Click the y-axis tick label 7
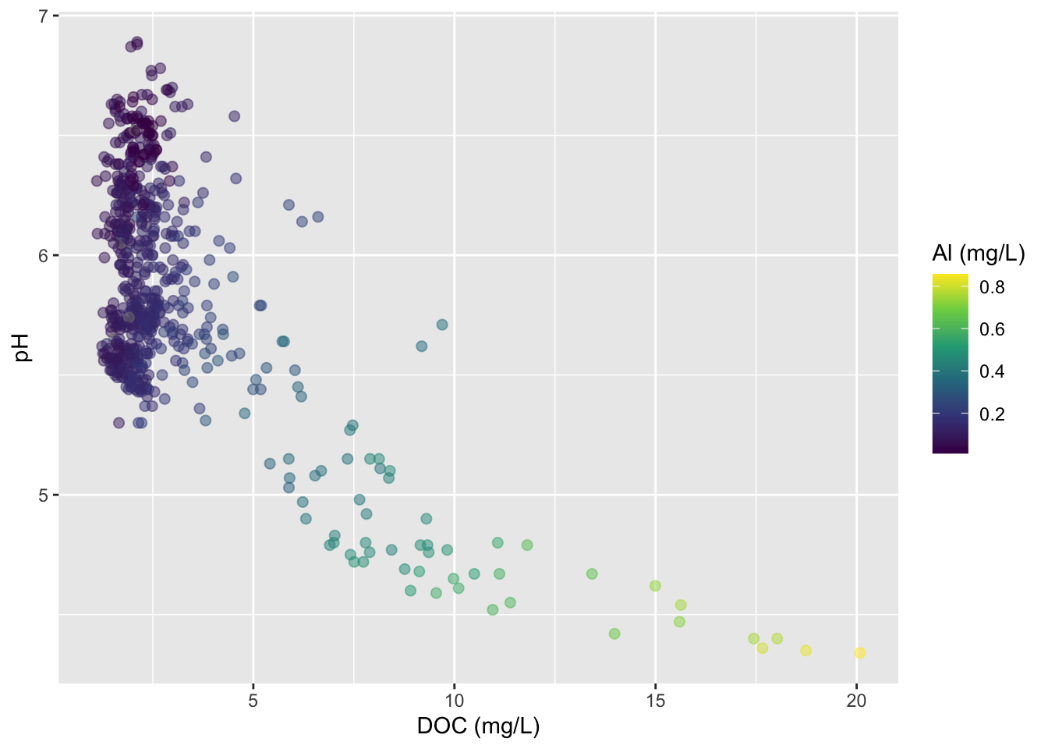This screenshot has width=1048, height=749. click(x=43, y=16)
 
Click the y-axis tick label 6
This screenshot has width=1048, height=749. click(x=43, y=255)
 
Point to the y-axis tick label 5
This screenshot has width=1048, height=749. click(x=43, y=495)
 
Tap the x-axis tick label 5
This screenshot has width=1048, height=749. click(x=253, y=701)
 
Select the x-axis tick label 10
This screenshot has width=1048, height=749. click(x=454, y=701)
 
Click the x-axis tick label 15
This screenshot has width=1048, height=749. click(x=655, y=701)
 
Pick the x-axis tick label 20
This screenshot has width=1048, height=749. click(x=856, y=701)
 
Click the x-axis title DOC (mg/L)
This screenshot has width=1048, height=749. click(x=478, y=726)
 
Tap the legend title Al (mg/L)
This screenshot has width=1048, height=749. click(x=978, y=253)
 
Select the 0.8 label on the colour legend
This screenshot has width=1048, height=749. click(x=992, y=287)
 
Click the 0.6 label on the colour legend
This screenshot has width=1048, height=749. click(x=992, y=329)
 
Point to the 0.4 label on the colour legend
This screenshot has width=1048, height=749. click(x=992, y=371)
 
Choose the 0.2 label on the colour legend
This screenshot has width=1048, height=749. click(x=992, y=414)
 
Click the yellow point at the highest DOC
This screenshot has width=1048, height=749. click(x=859, y=652)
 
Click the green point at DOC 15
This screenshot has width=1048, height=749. click(x=655, y=586)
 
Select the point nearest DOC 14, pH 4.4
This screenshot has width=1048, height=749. click(x=614, y=634)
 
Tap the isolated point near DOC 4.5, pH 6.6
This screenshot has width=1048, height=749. click(x=234, y=116)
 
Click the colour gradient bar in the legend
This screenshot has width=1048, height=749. click(x=950, y=363)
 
